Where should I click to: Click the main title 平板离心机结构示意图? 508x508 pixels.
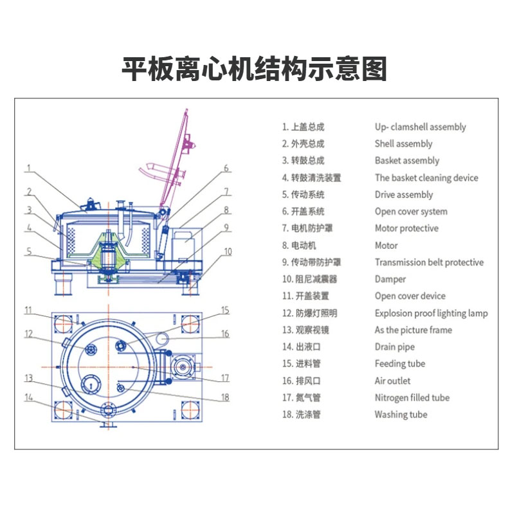[x=255, y=69]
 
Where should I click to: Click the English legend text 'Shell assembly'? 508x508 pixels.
[x=403, y=143]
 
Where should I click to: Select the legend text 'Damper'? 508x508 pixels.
[x=390, y=279]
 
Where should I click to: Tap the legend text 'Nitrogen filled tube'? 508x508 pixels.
[x=412, y=397]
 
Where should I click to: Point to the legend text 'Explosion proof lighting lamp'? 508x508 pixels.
[x=431, y=313]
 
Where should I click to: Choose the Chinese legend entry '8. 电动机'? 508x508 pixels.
[x=299, y=245]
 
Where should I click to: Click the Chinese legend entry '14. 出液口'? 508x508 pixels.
[x=302, y=347]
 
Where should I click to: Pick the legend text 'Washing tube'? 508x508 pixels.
[x=401, y=414]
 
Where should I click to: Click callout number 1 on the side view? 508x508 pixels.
[x=29, y=168]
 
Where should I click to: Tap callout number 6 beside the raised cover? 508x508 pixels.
[x=226, y=168]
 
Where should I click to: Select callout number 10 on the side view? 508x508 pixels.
[x=228, y=251]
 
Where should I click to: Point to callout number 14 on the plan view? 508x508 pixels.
[x=29, y=397]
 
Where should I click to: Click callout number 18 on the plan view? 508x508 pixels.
[x=225, y=397]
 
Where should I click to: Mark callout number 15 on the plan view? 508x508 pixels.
[x=225, y=310]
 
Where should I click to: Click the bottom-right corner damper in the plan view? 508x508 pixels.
[x=190, y=410]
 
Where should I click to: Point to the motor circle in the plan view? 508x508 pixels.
[x=183, y=367]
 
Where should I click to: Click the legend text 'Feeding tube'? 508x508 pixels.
[x=400, y=363]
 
